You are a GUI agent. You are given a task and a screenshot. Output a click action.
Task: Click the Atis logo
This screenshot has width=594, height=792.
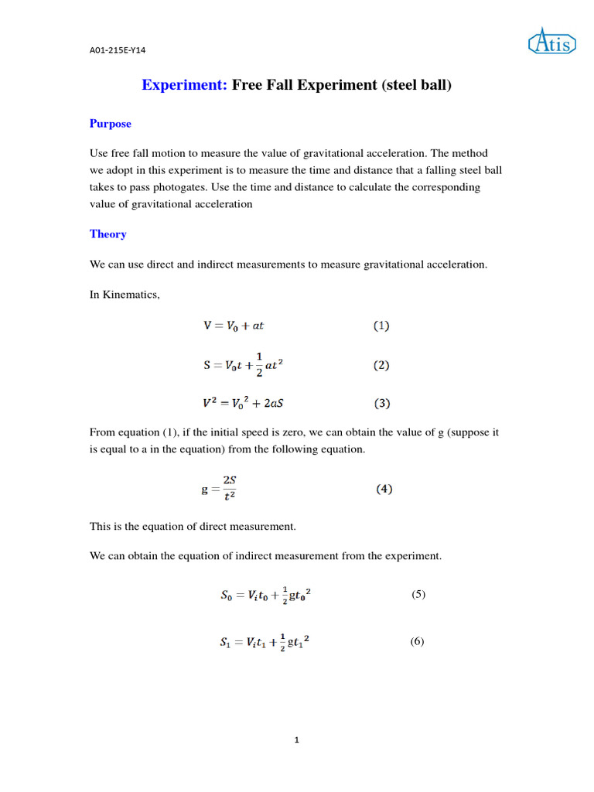(x=551, y=42)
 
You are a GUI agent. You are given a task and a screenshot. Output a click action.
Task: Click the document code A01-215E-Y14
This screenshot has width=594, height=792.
(x=118, y=50)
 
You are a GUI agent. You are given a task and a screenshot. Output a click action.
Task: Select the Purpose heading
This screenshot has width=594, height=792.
(x=111, y=124)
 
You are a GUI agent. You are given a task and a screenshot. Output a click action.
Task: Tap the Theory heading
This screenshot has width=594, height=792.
(x=108, y=234)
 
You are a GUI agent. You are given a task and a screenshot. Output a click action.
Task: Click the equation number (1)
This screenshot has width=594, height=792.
(x=381, y=326)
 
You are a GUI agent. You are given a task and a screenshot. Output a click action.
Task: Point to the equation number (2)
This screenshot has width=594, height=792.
(x=381, y=365)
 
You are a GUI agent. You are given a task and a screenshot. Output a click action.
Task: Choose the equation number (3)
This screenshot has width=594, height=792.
(x=381, y=403)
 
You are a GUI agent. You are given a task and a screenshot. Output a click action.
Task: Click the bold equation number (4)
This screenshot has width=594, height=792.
(x=384, y=489)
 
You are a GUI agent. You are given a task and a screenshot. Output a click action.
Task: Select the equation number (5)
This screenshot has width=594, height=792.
(x=418, y=594)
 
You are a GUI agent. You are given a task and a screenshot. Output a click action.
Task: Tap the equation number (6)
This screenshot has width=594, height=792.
(x=418, y=642)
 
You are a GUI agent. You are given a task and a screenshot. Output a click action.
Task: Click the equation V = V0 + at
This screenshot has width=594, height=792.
(x=234, y=326)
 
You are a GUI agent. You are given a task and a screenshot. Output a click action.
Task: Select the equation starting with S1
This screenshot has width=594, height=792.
(x=265, y=643)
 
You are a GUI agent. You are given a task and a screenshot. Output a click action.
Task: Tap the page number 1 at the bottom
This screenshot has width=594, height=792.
(x=296, y=740)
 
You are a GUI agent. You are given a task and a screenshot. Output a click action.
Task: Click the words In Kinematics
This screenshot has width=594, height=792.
(x=125, y=295)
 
